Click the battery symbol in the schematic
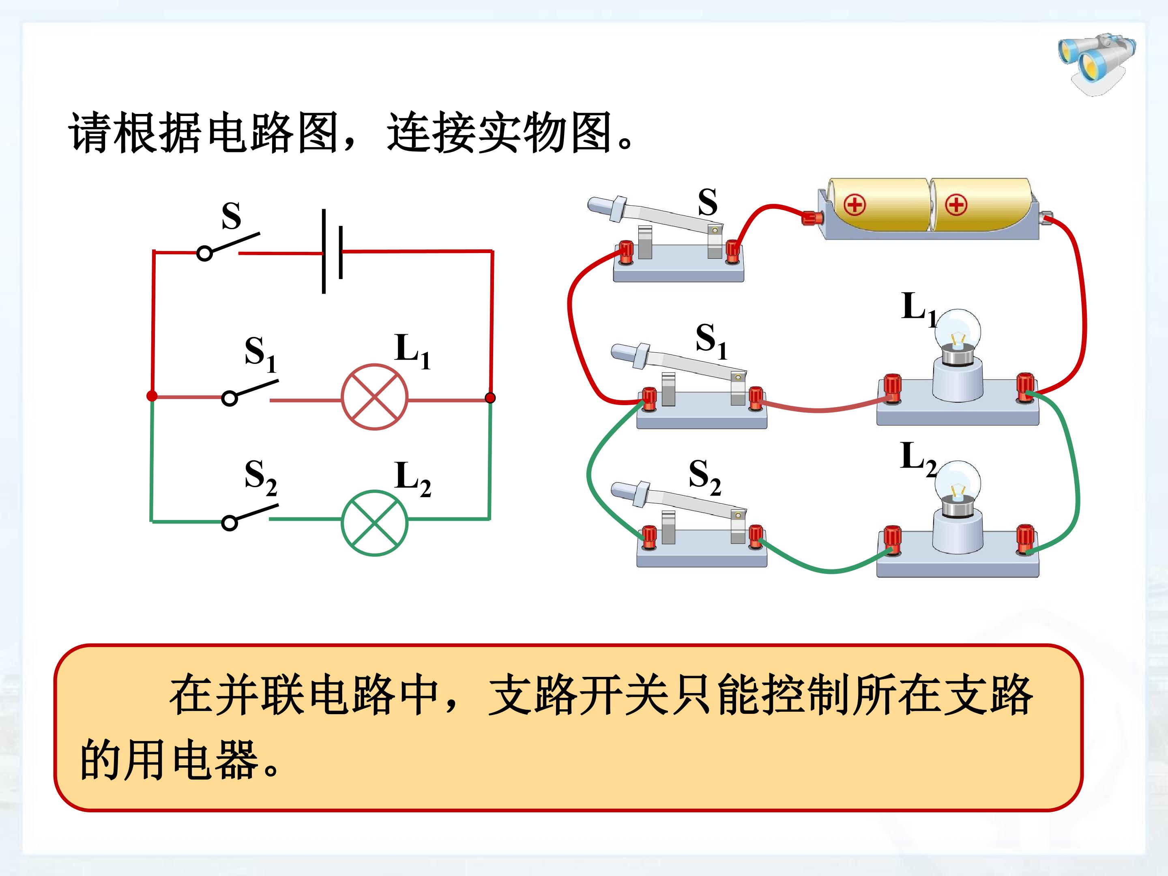pos(332,251)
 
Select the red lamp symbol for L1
pos(374,397)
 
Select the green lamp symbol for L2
pos(374,523)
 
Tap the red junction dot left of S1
pos(152,396)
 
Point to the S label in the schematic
pos(231,216)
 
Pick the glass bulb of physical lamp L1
pos(958,333)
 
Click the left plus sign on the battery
pos(855,205)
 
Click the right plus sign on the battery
pos(956,205)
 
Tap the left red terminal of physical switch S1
pos(648,399)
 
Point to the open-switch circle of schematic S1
pos(229,398)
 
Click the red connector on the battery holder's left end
pos(812,217)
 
